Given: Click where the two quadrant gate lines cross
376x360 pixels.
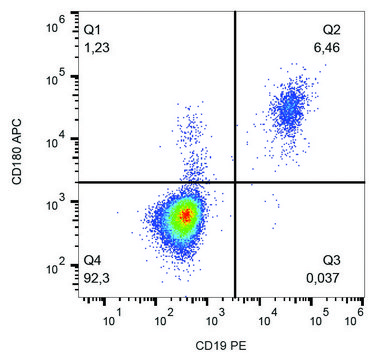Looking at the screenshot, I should [x=234, y=182].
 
